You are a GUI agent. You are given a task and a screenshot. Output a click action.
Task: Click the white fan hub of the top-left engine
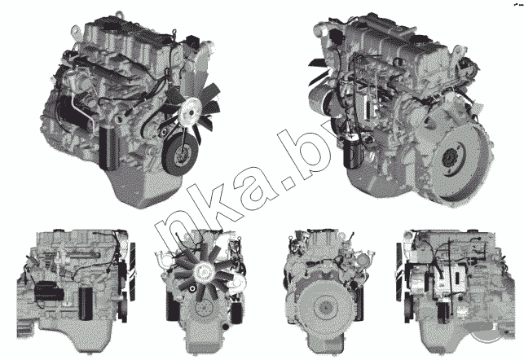(189, 111)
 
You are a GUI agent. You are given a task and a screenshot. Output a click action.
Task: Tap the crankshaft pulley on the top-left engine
(179, 154)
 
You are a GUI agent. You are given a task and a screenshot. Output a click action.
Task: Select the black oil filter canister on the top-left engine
(109, 147)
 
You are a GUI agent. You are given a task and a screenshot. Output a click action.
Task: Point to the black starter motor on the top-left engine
(74, 112)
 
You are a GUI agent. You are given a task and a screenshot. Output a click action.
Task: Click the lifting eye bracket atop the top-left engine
(76, 31)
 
